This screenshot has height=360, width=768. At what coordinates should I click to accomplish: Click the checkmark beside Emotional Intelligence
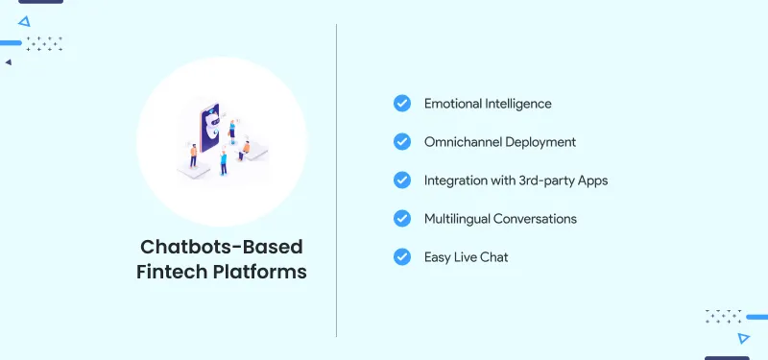click(x=402, y=104)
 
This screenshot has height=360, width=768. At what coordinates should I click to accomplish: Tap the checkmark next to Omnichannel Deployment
click(x=402, y=142)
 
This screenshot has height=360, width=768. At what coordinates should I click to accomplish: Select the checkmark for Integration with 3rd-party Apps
click(x=402, y=180)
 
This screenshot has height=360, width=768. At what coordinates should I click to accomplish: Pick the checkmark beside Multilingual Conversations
click(x=402, y=219)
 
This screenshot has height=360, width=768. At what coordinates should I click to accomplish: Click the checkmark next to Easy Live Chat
click(x=402, y=257)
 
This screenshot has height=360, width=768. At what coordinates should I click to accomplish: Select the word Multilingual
click(x=457, y=219)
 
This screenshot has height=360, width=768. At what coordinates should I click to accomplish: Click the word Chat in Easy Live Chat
click(x=493, y=257)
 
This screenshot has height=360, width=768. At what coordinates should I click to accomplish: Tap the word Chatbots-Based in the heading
click(x=222, y=245)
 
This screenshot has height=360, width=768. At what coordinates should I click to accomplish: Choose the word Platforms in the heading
click(x=261, y=272)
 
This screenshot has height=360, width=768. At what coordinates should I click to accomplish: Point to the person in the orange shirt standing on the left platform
click(x=194, y=154)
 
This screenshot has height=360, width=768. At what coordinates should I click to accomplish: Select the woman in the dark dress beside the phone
click(x=223, y=161)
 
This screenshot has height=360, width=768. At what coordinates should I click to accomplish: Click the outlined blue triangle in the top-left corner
click(x=24, y=20)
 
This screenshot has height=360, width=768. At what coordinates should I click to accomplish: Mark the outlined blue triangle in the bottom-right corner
click(x=743, y=338)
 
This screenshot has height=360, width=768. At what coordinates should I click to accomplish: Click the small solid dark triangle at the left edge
click(x=8, y=62)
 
